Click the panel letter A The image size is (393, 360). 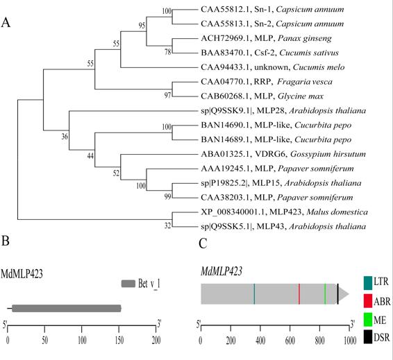(6, 22)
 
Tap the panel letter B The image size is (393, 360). (6, 241)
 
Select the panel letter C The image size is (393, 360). (203, 243)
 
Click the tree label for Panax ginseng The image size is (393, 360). (266, 38)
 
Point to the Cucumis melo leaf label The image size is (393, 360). (273, 67)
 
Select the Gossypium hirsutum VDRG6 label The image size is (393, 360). (283, 154)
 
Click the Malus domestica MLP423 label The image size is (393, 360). (284, 212)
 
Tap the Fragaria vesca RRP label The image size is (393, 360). (267, 82)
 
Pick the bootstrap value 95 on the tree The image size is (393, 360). (142, 26)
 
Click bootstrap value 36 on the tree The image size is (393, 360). (65, 137)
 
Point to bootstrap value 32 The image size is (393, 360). (167, 226)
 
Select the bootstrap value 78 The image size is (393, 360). (167, 52)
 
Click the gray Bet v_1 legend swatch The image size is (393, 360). (128, 284)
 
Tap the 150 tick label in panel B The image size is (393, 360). (119, 341)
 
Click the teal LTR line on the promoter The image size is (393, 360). (254, 294)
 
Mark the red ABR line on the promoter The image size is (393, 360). (299, 294)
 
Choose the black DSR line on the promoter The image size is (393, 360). (338, 294)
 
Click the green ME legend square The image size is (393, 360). (368, 320)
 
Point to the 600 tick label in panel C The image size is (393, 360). (290, 341)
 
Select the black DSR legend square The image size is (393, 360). (368, 337)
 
